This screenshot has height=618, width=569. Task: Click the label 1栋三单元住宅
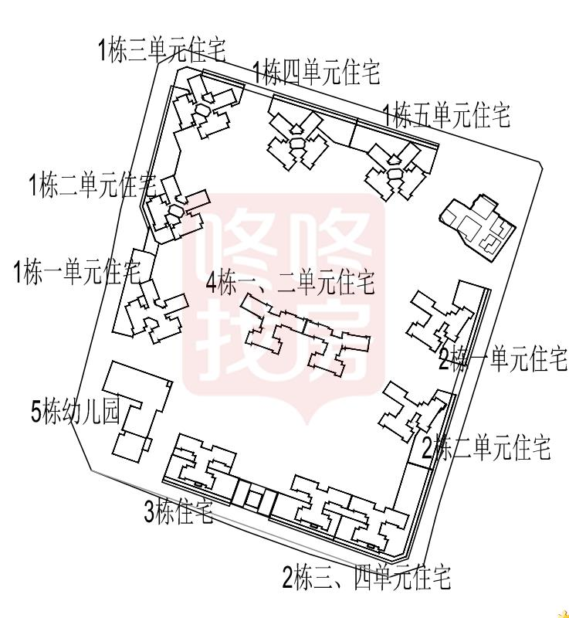(162, 51)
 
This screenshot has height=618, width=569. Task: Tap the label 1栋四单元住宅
(317, 74)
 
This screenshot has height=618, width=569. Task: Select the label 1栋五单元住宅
(447, 116)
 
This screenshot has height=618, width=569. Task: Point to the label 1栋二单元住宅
(93, 185)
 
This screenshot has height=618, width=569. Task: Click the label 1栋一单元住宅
(77, 272)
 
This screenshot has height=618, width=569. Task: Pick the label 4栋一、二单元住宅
(290, 283)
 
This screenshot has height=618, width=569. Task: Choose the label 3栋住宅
(178, 512)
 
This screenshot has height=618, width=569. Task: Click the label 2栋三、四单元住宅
(366, 576)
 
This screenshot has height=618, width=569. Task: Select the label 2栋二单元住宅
(486, 447)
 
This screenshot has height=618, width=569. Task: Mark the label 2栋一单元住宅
(503, 359)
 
